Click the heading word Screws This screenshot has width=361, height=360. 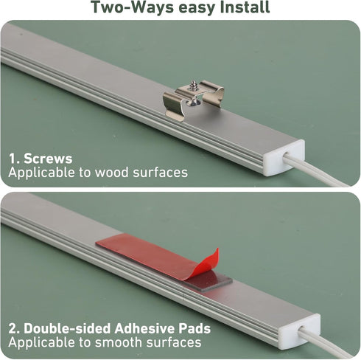pos(48,159)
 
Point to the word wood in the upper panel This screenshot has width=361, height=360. pos(112,172)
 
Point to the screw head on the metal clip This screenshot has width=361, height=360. pos(194,83)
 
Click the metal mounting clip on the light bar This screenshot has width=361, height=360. pos(193,100)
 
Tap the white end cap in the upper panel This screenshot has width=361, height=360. pos(285,158)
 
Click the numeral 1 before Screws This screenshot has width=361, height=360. pos(13,159)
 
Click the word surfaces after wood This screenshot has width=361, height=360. pos(161,172)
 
